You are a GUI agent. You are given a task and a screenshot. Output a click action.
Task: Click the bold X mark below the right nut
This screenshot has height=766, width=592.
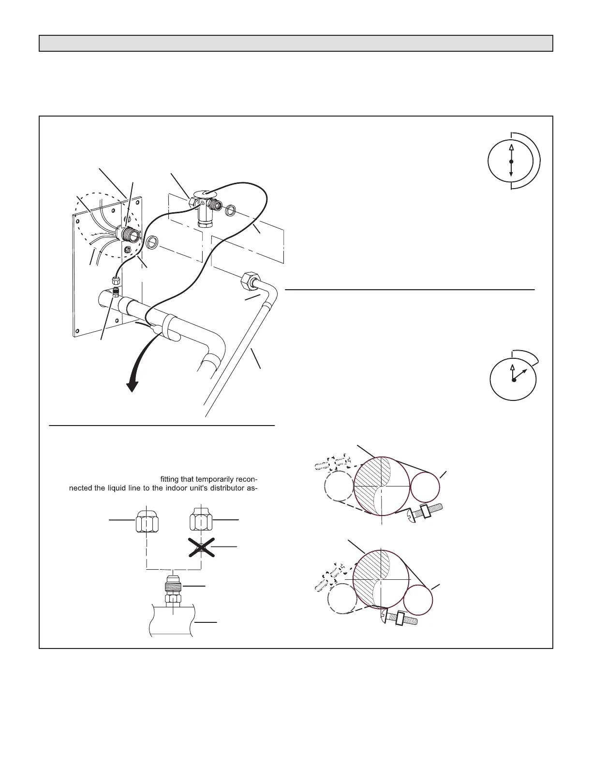pos(202,547)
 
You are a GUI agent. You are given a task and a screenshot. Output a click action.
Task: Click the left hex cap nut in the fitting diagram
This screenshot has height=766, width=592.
pos(146,520)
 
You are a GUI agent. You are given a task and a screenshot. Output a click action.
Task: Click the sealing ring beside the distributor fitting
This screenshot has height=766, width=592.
pos(151,243)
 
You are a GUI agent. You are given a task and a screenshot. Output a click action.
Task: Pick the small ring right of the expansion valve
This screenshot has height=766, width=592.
pos(231,210)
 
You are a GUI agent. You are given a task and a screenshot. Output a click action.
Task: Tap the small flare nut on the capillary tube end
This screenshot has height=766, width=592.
pos(116,280)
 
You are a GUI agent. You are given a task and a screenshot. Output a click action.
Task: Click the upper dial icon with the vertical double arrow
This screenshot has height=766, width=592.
pos(511,161)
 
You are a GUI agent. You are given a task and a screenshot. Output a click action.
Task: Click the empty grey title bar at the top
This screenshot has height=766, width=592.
pos(296,43)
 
